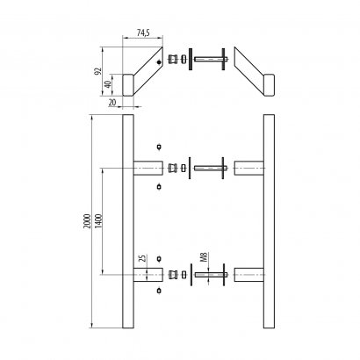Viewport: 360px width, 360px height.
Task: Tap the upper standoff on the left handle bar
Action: coord(147,166)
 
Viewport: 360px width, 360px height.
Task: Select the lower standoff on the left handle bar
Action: coord(147,273)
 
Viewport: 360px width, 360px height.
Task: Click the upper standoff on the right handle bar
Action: coord(249,166)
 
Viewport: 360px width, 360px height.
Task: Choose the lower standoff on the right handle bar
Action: coord(249,273)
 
